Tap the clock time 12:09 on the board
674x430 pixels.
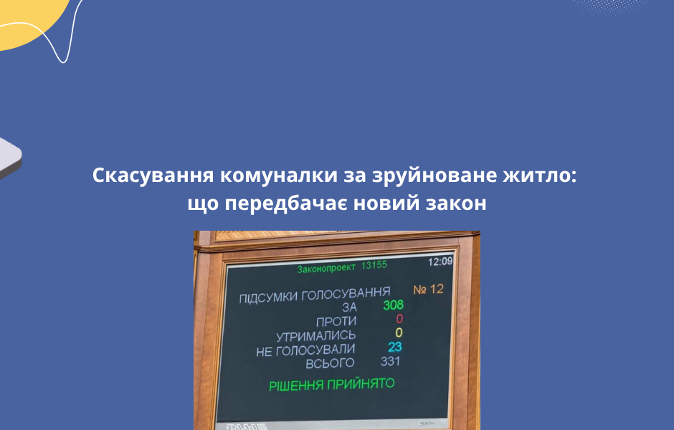440,262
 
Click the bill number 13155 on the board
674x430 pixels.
374,266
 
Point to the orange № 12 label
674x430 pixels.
429,290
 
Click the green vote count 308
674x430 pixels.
393,305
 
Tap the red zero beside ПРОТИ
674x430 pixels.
399,319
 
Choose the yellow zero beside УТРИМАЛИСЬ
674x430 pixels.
399,333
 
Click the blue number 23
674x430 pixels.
395,347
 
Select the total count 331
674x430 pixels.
391,361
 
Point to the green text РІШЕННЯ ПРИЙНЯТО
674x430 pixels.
331,385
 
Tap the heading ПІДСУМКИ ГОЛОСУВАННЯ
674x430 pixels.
315,295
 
